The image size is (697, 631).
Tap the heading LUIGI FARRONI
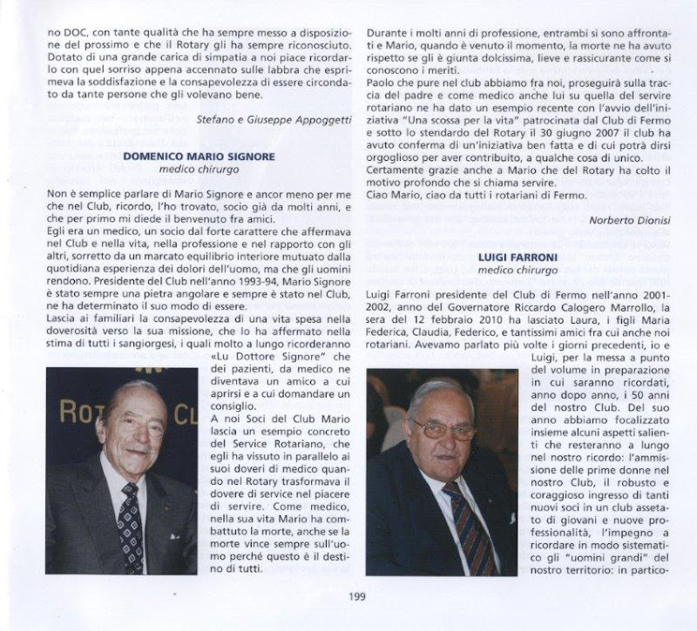point(519,258)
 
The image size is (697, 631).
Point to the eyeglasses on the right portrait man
point(443,429)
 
